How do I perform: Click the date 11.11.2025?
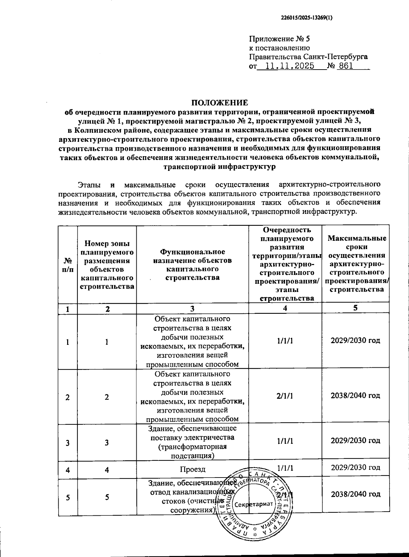[x=289, y=66]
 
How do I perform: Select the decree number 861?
[x=346, y=66]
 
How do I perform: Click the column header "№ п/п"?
[x=68, y=264]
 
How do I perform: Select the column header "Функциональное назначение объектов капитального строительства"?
[x=193, y=264]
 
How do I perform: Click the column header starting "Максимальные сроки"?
[x=357, y=263]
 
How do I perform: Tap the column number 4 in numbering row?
[x=285, y=308]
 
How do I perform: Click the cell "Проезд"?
[x=193, y=469]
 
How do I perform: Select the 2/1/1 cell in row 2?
[x=285, y=396]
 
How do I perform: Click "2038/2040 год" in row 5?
[x=355, y=494]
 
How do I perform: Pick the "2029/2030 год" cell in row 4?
[x=355, y=468]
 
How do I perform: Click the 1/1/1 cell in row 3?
[x=285, y=441]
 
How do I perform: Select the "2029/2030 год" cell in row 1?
[x=355, y=340]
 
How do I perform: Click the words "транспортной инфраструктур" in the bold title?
[x=219, y=167]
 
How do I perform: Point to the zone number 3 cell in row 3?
[x=107, y=443]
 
